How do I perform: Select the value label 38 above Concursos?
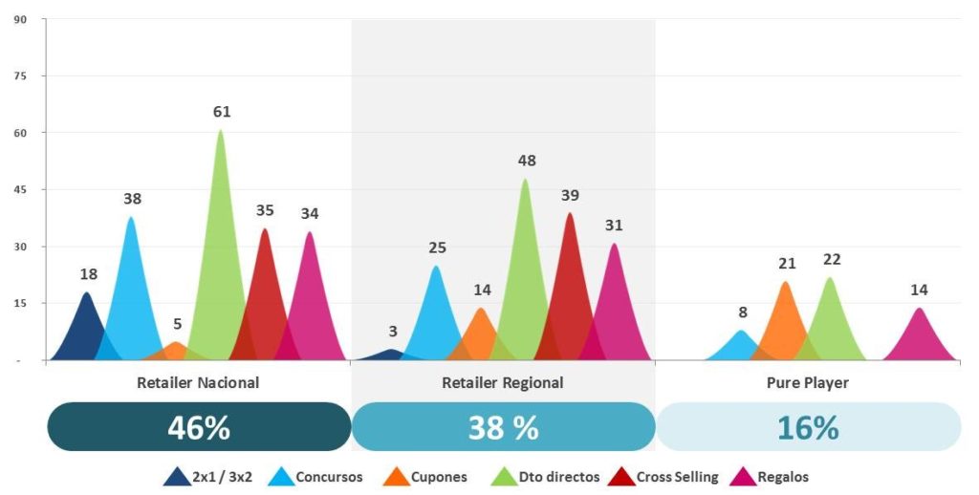(x=132, y=200)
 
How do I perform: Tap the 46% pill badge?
(x=199, y=427)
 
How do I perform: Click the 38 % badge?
(x=503, y=427)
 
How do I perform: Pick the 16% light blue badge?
(x=808, y=427)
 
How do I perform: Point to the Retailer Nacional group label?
(x=199, y=382)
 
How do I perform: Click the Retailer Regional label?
(x=503, y=382)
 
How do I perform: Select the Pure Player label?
(x=808, y=382)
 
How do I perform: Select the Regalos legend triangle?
(x=743, y=475)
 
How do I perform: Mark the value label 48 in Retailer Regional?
(x=527, y=161)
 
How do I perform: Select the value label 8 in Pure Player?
(x=743, y=312)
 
